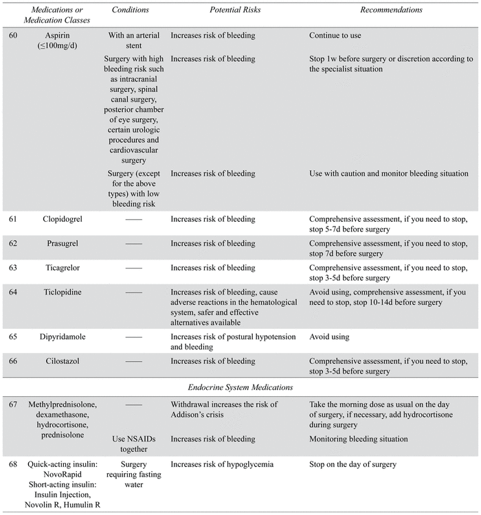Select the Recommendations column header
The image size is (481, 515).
click(391, 10)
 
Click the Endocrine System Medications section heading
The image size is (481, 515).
click(240, 387)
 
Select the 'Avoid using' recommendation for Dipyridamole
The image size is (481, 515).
click(330, 338)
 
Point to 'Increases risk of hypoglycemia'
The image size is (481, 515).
click(222, 465)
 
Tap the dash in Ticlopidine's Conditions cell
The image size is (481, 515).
click(134, 293)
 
